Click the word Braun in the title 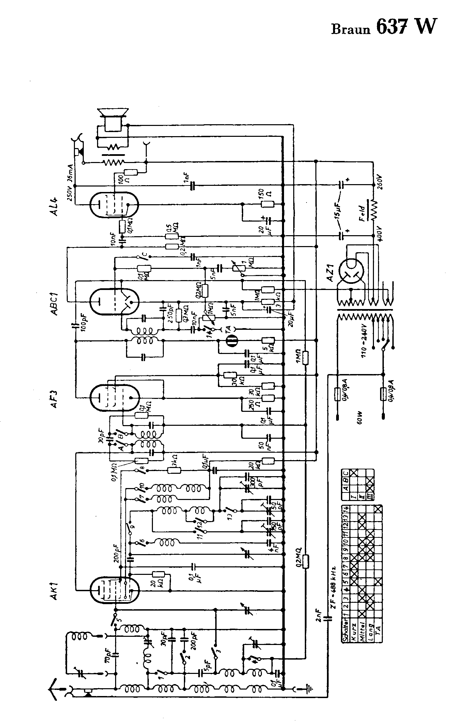click(350, 30)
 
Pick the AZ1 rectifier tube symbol click(351, 270)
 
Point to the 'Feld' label click(362, 213)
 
